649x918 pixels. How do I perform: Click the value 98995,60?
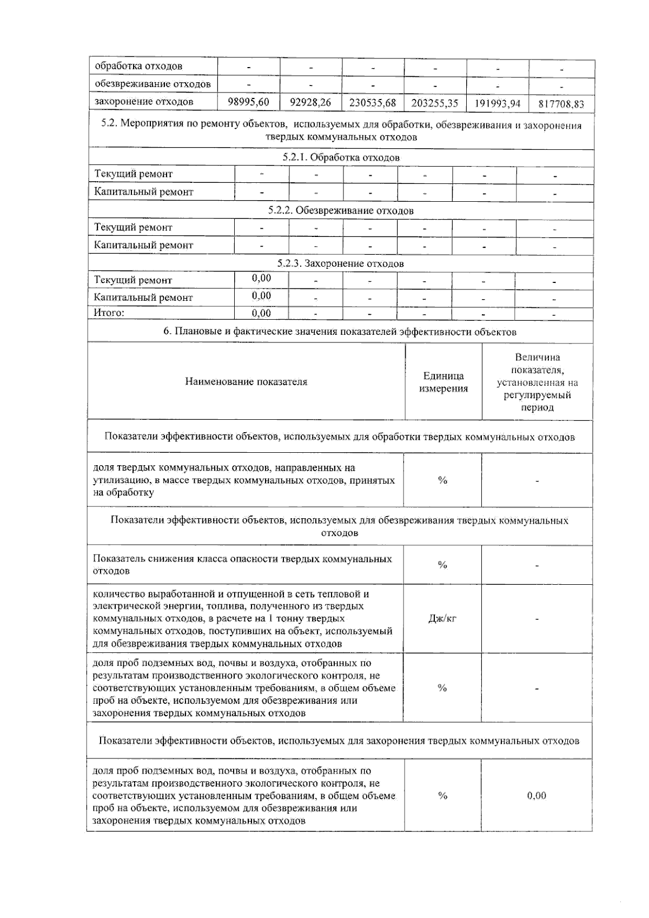[249, 102]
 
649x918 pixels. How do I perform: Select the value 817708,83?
[562, 104]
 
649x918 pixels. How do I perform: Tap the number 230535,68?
[373, 102]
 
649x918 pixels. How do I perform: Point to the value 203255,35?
[435, 103]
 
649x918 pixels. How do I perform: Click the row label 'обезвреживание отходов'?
[153, 84]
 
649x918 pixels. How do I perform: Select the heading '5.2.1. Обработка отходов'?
[341, 157]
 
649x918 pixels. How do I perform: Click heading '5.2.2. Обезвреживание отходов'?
[341, 210]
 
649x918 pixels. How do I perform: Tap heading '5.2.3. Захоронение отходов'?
[341, 263]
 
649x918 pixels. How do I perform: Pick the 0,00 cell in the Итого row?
[262, 313]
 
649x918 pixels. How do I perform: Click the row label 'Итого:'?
[109, 313]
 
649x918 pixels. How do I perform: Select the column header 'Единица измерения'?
[443, 382]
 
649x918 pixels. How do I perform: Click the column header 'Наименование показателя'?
[246, 381]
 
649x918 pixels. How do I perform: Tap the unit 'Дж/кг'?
[442, 618]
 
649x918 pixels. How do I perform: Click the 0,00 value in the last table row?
[537, 795]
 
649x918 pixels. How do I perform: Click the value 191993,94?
[498, 103]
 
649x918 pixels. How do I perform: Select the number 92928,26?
[310, 102]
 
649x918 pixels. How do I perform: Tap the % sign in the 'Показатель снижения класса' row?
[442, 565]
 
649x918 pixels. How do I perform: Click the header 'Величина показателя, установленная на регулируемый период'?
[537, 382]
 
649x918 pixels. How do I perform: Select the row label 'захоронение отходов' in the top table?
[144, 102]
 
